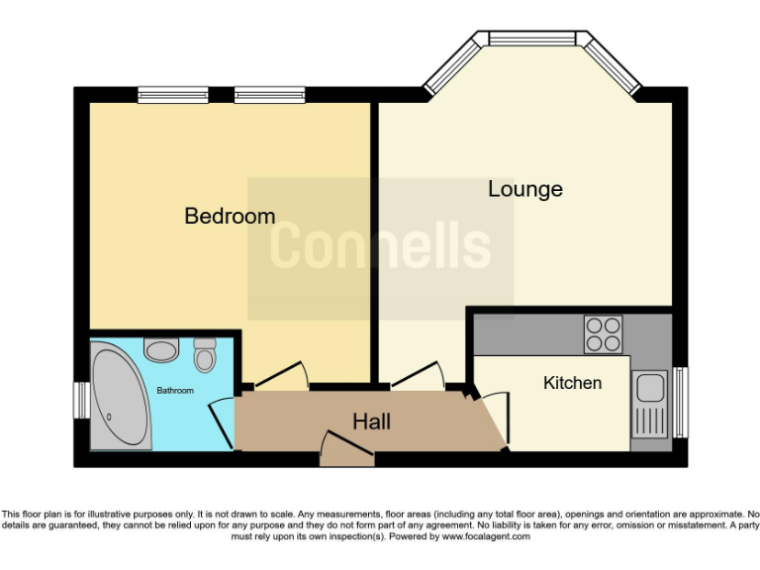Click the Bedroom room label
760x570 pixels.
point(230,216)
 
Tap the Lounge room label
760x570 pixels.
point(524,188)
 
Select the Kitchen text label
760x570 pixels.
point(572,383)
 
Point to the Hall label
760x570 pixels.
point(371,422)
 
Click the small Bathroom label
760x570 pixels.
point(175,391)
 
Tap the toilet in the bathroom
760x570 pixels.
point(205,354)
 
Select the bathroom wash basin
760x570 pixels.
point(160,349)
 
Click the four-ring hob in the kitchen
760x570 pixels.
point(603,334)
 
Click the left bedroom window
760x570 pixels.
point(172,95)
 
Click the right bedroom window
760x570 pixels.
point(269,95)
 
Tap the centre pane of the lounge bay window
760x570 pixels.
point(532,39)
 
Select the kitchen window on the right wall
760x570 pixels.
point(680,402)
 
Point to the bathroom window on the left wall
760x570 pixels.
point(81,401)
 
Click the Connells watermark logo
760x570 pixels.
point(380,246)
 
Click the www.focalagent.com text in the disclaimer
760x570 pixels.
point(485,536)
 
